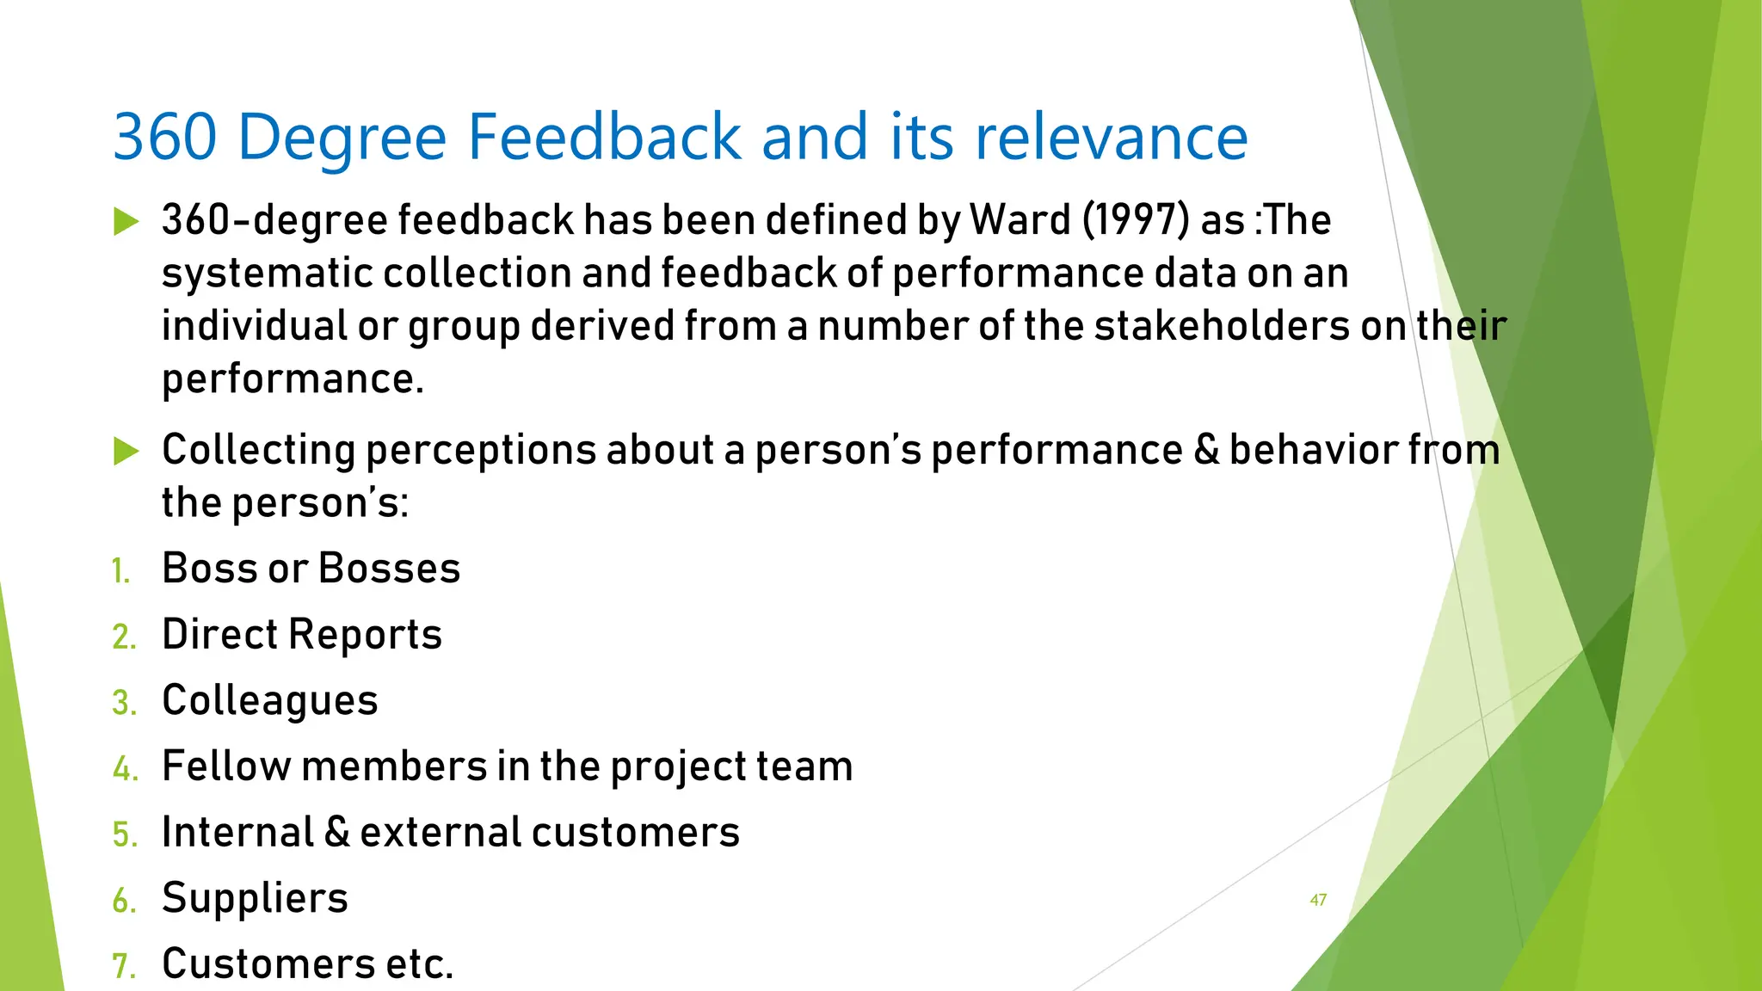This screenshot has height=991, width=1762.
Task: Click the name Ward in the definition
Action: click(1020, 219)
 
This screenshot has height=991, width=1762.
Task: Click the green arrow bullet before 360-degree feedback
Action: click(126, 222)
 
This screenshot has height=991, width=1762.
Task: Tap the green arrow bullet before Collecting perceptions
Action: click(126, 452)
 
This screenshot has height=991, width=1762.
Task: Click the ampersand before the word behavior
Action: click(1206, 450)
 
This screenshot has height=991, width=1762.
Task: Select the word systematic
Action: click(268, 274)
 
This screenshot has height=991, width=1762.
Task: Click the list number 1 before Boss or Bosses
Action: click(120, 571)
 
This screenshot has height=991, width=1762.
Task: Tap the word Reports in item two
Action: click(365, 635)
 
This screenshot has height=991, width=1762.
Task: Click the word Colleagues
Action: click(270, 700)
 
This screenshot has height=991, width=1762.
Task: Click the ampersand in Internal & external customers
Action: click(337, 833)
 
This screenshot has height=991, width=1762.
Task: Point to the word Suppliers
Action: click(255, 899)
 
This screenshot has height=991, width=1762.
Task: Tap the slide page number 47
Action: click(1318, 900)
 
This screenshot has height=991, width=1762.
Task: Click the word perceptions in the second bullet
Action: click(481, 452)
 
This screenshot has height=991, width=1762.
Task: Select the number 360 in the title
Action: click(164, 137)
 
